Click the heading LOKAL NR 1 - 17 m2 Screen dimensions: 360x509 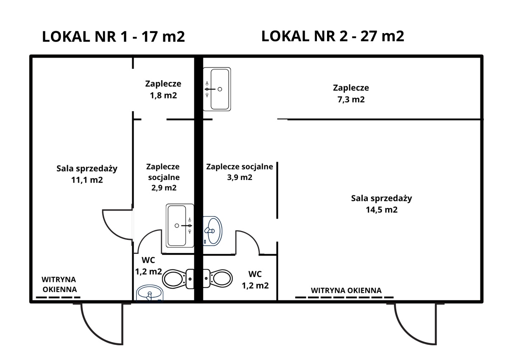113,37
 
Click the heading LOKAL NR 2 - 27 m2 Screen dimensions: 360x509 333,36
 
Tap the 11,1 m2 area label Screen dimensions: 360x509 87,180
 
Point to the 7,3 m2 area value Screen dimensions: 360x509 351,100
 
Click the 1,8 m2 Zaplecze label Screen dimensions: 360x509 163,95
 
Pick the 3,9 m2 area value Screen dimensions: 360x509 240,177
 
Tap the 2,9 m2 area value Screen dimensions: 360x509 163,187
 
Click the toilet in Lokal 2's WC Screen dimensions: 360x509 218,278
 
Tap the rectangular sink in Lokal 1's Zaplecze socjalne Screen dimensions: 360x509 180,225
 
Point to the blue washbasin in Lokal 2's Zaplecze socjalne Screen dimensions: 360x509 212,230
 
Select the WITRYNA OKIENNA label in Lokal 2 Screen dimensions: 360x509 346,290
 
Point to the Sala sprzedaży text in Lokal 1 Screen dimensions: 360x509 87,168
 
